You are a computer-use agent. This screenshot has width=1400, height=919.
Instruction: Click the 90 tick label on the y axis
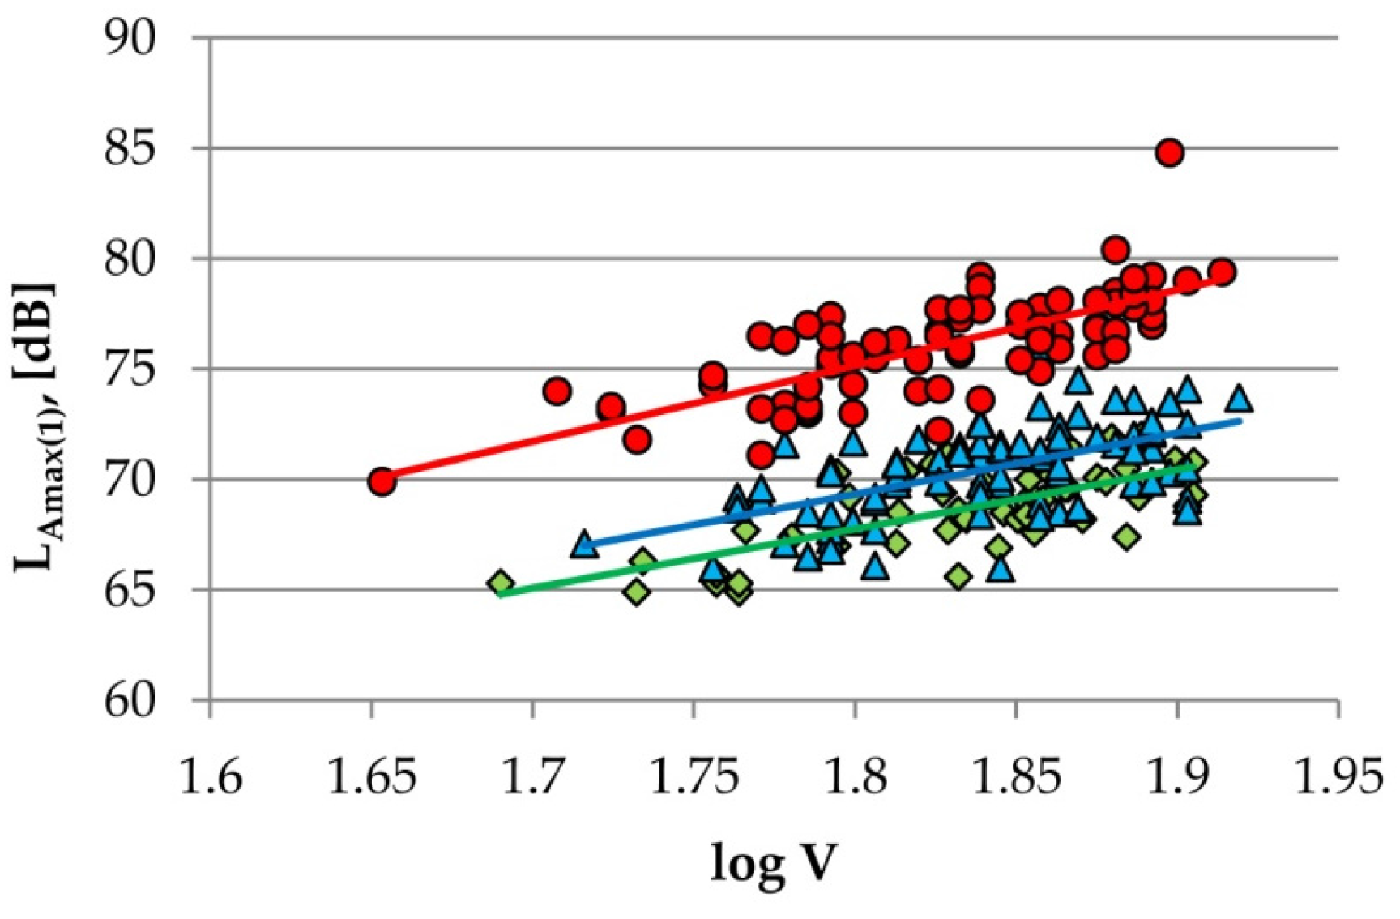[130, 39]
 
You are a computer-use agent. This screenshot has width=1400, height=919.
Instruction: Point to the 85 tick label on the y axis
[130, 149]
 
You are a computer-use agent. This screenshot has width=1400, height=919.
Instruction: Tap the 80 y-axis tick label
[130, 259]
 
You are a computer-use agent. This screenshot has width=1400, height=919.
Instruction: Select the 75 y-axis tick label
[130, 370]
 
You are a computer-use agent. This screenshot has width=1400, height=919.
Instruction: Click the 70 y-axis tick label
[130, 480]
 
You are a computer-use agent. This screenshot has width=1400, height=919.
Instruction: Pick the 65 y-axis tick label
[130, 590]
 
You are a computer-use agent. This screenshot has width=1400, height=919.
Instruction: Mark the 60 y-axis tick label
[130, 700]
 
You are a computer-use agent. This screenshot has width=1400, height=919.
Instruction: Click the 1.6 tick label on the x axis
[211, 776]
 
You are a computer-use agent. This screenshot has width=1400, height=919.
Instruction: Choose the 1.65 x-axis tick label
[371, 776]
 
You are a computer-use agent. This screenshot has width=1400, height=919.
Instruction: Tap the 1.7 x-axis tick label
[532, 776]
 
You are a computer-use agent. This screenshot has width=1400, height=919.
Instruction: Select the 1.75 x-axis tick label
[694, 776]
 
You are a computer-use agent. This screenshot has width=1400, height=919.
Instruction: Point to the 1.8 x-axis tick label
[855, 776]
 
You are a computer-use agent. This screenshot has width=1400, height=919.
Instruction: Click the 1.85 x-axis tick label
[1015, 776]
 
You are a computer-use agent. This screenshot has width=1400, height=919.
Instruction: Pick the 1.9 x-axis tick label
[1176, 776]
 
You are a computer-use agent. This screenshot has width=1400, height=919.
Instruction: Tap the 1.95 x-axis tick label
[1337, 776]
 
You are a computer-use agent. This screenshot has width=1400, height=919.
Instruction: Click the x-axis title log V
[772, 862]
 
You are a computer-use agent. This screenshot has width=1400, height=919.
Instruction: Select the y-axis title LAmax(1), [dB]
[36, 425]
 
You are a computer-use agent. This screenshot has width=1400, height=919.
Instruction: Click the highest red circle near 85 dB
[1169, 152]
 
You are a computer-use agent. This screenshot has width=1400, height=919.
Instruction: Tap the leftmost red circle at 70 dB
[382, 481]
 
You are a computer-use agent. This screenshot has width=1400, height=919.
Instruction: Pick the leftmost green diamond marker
[501, 583]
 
